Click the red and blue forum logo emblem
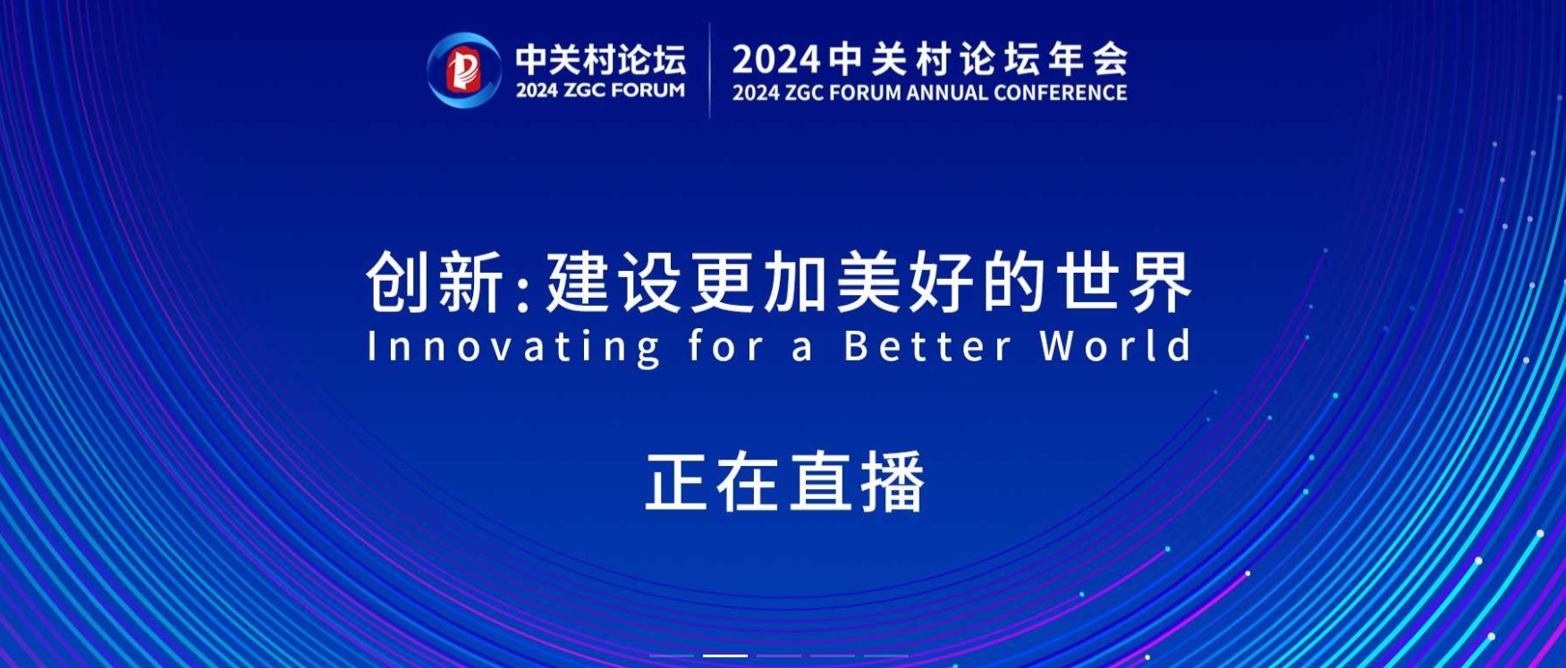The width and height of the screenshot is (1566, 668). pos(463,70)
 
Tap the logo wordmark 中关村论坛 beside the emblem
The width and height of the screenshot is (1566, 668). pos(601,60)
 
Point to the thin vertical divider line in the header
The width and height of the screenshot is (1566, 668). pos(710,70)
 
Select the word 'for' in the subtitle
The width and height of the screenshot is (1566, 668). pos(725,345)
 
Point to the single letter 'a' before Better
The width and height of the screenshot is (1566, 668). pos(803,350)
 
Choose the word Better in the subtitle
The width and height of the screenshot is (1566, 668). pos(927,346)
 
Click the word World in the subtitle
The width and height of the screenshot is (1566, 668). pos(1115,345)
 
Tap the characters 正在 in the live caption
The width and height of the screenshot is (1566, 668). pos(713,482)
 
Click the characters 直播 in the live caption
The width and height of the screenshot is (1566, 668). pos(856,482)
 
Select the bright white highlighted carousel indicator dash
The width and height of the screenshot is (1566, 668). pos(725,655)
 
